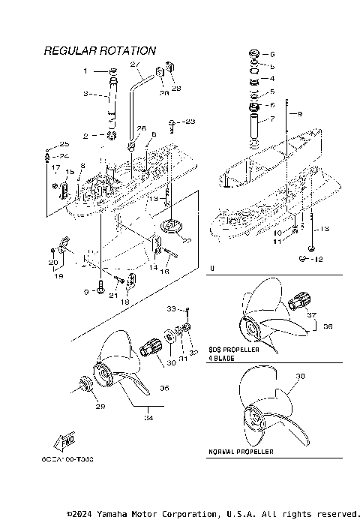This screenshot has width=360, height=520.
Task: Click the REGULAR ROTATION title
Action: (x=100, y=51)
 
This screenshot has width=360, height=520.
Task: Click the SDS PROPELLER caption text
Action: (x=234, y=350)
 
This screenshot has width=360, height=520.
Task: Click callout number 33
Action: (x=171, y=308)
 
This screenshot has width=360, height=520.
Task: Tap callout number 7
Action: (x=272, y=119)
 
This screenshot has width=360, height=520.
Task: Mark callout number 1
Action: (x=85, y=71)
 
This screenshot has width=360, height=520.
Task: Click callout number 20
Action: (x=53, y=262)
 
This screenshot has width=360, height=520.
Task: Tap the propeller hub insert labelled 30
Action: (x=152, y=347)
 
